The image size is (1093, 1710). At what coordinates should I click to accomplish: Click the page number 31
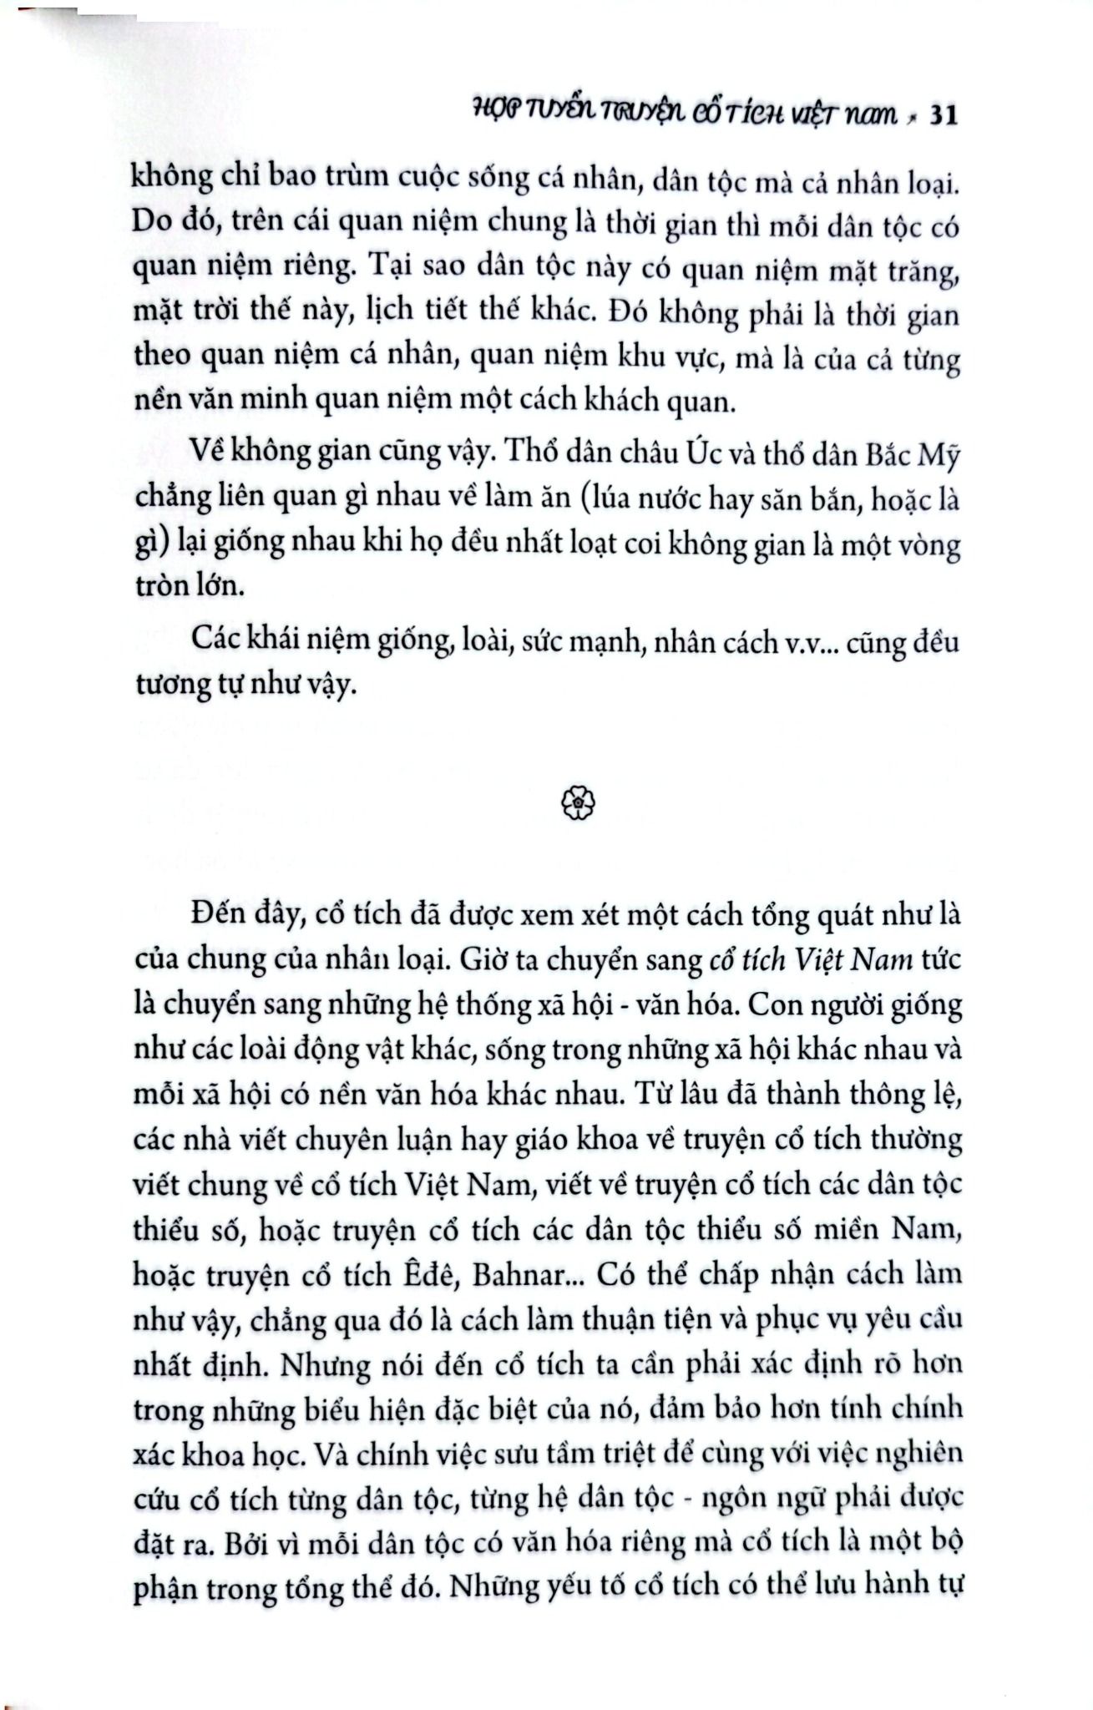click(x=941, y=116)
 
